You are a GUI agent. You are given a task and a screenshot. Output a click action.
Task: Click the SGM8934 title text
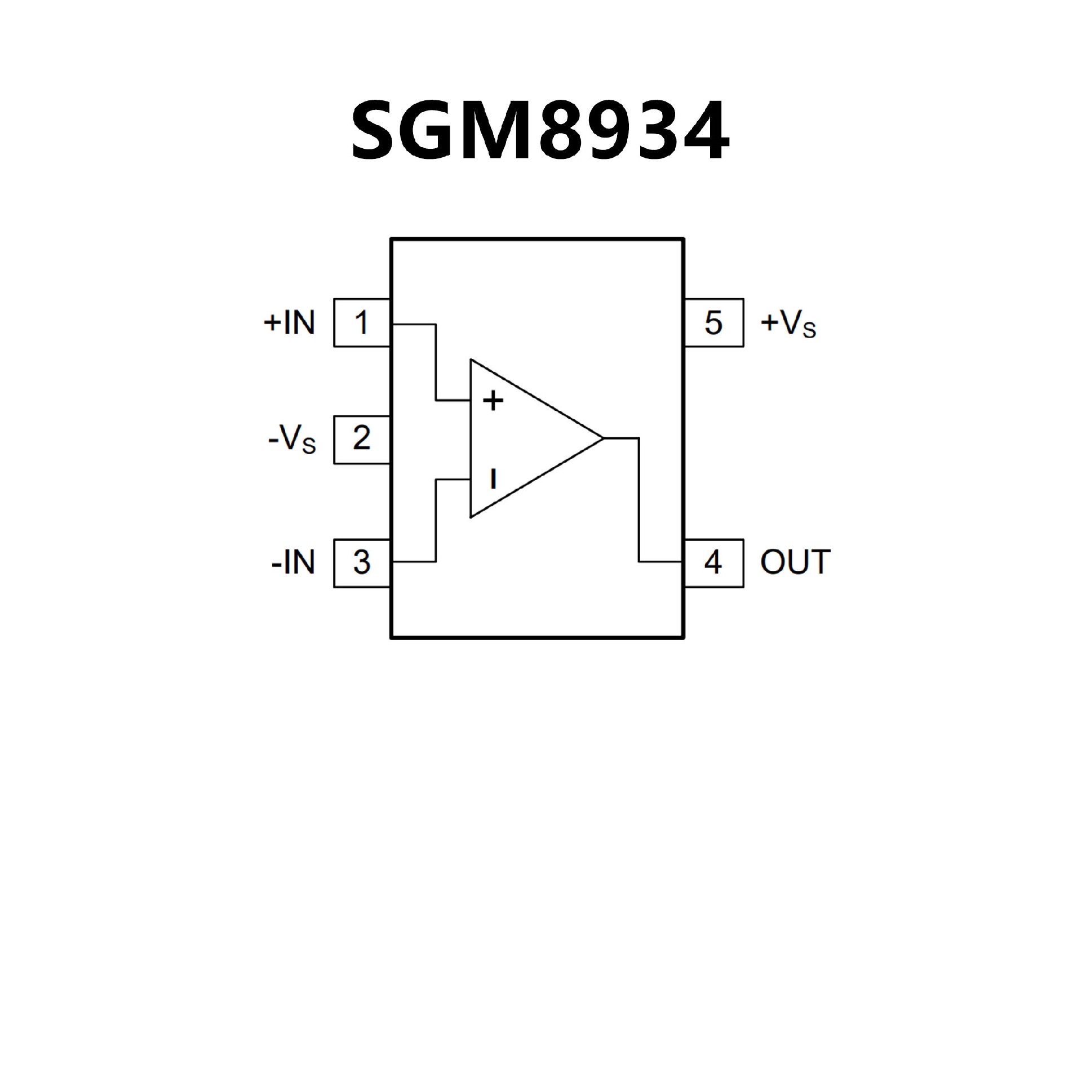click(x=540, y=131)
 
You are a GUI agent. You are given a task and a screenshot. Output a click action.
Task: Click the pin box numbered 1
click(x=361, y=323)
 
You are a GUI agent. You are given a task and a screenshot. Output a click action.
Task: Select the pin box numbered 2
click(x=361, y=440)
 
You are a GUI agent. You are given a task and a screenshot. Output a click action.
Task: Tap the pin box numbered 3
click(x=361, y=563)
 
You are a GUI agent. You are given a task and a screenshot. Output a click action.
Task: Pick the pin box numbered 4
click(x=713, y=563)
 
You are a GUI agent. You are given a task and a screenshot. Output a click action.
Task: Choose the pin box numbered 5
click(x=713, y=323)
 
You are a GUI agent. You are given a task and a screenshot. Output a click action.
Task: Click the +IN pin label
click(x=289, y=323)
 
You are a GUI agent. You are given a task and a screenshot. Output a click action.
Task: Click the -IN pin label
click(x=292, y=563)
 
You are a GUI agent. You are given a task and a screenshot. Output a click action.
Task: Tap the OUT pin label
click(x=795, y=562)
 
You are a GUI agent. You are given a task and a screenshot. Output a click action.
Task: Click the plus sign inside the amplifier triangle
click(x=493, y=401)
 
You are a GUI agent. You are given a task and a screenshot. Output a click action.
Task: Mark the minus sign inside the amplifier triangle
click(x=493, y=479)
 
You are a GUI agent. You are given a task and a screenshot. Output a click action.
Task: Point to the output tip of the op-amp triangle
click(x=602, y=438)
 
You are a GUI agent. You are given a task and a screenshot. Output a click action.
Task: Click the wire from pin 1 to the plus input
click(x=436, y=361)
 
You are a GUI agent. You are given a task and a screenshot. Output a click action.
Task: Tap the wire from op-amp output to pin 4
click(x=639, y=502)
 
